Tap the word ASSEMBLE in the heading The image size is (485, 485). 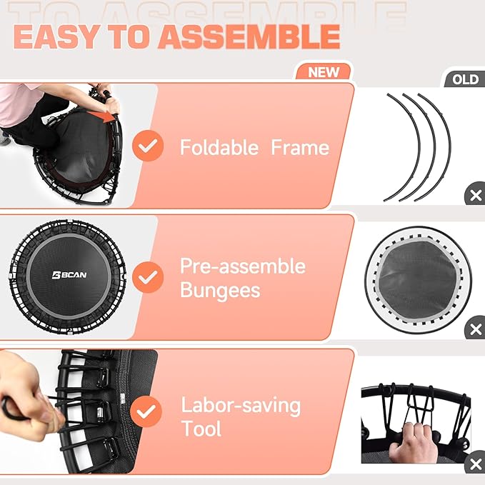click(x=249, y=36)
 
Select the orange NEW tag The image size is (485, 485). click(x=324, y=72)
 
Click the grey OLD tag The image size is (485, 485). click(x=464, y=79)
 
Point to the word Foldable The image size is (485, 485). click(x=219, y=148)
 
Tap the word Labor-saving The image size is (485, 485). click(x=240, y=406)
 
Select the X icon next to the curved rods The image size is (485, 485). click(x=474, y=195)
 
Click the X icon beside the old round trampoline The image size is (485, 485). click(x=474, y=329)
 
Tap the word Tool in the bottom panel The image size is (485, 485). click(x=201, y=429)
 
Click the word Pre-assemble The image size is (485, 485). click(x=242, y=266)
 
